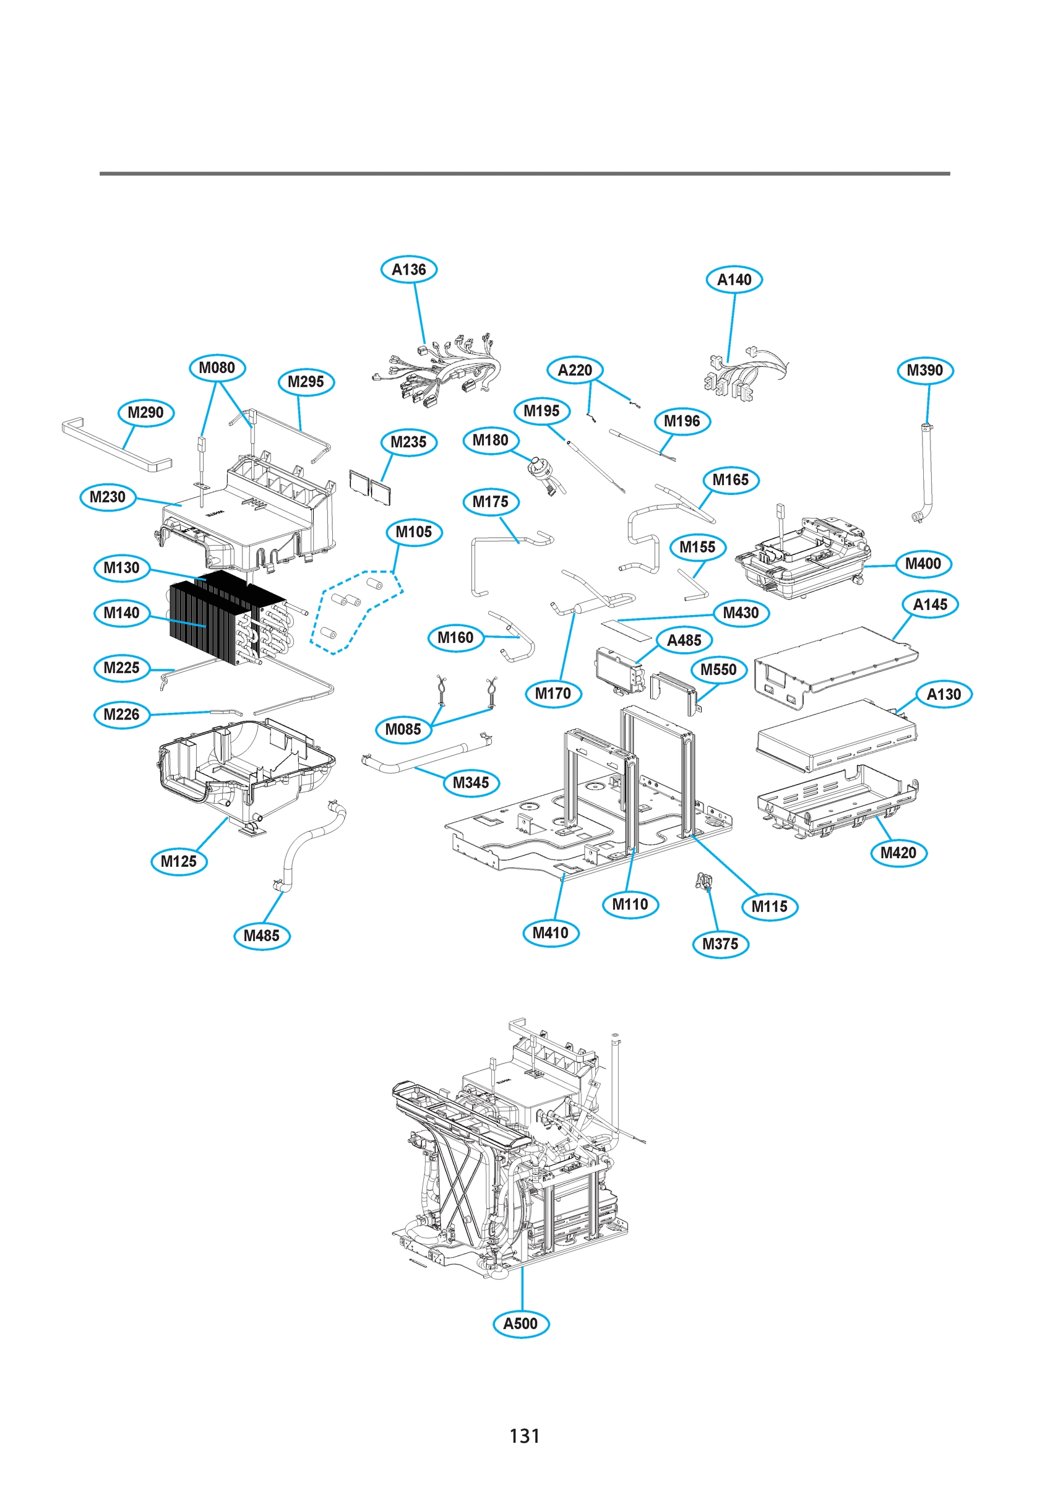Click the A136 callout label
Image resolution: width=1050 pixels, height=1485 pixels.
pos(409,270)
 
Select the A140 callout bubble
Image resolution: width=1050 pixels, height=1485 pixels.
pos(734,280)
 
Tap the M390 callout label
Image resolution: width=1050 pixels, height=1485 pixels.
pos(925,371)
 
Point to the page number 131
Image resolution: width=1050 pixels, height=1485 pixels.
pos(524,1436)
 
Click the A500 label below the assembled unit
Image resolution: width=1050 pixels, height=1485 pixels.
pos(521,1324)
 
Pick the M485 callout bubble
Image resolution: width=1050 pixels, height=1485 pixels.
pos(261,936)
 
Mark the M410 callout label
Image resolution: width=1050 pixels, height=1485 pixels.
pos(551,933)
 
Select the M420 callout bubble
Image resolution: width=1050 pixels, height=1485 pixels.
pos(898,853)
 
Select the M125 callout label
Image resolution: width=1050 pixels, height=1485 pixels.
pos(179,861)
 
